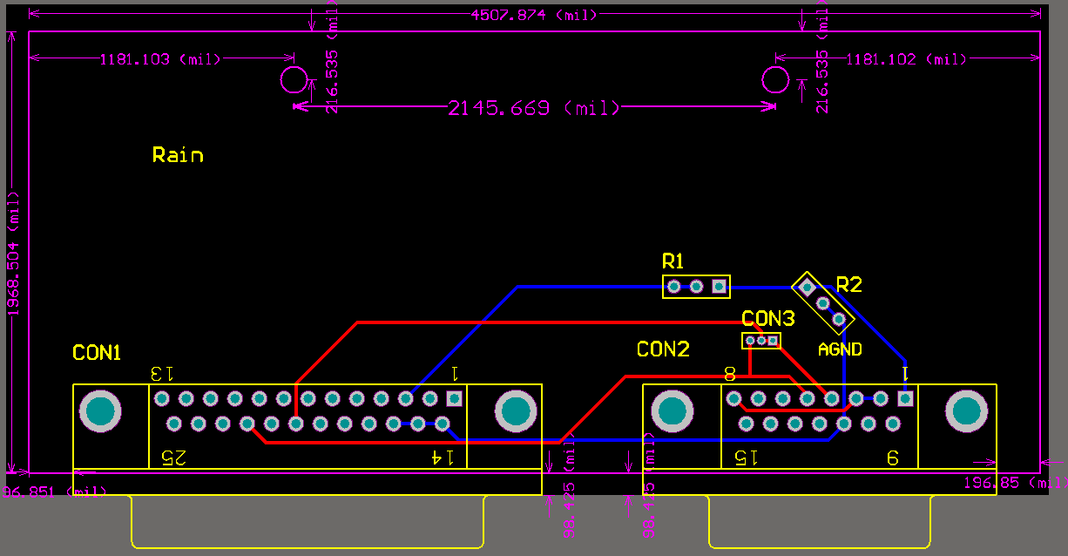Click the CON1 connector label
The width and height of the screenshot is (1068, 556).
(x=96, y=353)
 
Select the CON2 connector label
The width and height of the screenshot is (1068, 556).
(x=663, y=349)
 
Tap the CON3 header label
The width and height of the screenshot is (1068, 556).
(x=768, y=318)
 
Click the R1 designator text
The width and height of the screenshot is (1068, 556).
(x=673, y=261)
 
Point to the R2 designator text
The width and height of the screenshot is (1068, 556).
(x=848, y=284)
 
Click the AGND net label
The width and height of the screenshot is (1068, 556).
(x=840, y=349)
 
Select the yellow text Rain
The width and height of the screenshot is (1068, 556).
(x=178, y=155)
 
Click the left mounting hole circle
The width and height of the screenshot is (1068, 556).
(x=294, y=80)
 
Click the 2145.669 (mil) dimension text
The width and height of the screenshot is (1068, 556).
(x=533, y=108)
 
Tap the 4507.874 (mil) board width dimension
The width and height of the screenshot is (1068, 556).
(x=533, y=15)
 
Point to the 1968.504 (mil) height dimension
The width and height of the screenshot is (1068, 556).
(x=14, y=253)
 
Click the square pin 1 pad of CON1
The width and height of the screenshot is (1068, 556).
(x=454, y=398)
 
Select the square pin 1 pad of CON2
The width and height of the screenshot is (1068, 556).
(x=905, y=398)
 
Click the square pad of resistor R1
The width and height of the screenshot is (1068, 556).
(x=719, y=286)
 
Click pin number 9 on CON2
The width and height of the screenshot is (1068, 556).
(x=893, y=457)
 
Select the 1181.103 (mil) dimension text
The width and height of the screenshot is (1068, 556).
(x=159, y=59)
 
